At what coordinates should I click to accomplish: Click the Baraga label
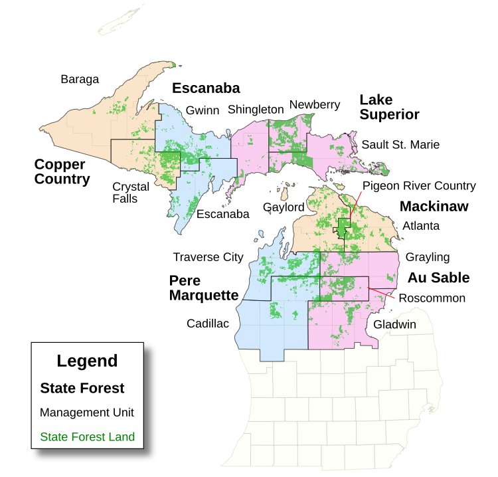[80, 80]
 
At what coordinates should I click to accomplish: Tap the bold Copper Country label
[62, 171]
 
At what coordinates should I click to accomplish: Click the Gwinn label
[203, 110]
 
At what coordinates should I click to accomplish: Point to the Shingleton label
[256, 110]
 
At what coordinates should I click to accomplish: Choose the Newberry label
[315, 105]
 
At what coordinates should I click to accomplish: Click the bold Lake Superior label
[389, 107]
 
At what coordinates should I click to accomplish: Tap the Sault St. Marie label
[400, 144]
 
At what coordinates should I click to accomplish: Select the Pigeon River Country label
[419, 185]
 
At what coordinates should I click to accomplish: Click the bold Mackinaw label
[434, 207]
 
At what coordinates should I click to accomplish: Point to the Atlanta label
[421, 226]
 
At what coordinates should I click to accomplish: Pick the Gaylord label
[284, 207]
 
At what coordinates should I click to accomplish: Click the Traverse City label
[208, 257]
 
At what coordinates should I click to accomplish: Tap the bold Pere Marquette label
[203, 288]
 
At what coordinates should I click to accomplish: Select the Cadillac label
[207, 324]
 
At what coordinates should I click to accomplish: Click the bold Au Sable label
[438, 278]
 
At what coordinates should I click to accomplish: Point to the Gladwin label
[394, 325]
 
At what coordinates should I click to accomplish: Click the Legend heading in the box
[87, 361]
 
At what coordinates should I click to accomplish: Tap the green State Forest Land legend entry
[87, 437]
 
